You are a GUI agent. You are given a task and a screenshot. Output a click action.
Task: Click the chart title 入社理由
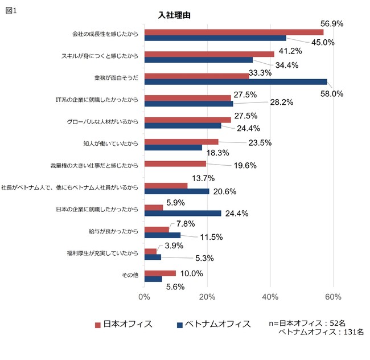[x=174, y=15]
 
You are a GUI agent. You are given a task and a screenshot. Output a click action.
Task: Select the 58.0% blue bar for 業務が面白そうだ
[x=236, y=82]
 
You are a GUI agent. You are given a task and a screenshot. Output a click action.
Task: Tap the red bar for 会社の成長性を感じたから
[x=233, y=32]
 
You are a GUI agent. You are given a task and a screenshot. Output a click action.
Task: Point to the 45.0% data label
[x=322, y=42]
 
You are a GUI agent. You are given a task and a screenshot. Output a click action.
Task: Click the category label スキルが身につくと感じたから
[x=100, y=56]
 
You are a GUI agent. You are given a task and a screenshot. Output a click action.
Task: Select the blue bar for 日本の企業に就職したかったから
[x=183, y=213]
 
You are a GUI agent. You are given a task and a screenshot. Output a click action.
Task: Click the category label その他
[x=130, y=276]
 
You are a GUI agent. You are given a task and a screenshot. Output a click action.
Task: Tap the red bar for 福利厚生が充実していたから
[x=150, y=251]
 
